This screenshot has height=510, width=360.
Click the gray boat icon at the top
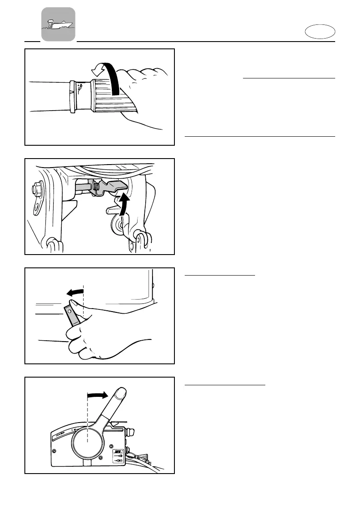(58, 24)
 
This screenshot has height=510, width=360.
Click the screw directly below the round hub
(100, 458)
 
